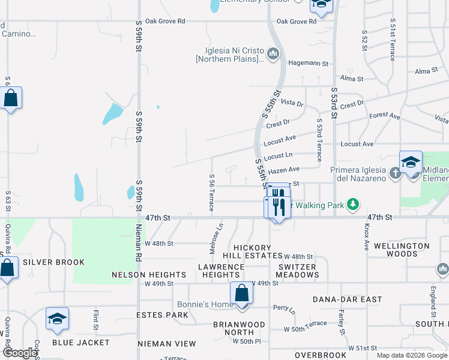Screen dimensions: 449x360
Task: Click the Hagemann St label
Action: [309, 63]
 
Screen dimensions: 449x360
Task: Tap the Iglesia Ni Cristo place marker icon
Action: [273, 55]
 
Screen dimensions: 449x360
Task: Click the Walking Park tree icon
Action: [354, 205]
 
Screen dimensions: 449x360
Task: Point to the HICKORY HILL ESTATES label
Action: [258, 251]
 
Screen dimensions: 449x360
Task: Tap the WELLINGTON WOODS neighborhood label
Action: [402, 250]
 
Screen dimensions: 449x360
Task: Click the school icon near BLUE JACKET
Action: [57, 319]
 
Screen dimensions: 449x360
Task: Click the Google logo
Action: [20, 353]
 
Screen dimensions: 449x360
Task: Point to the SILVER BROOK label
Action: [53, 262]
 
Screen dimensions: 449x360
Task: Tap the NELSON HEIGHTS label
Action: [142, 275]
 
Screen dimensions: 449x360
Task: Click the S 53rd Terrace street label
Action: [320, 139]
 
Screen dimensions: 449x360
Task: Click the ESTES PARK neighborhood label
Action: [162, 314]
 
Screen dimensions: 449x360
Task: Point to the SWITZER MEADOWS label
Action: [298, 271]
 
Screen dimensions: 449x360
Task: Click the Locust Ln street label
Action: [278, 156]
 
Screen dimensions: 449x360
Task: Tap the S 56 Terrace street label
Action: [212, 193]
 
